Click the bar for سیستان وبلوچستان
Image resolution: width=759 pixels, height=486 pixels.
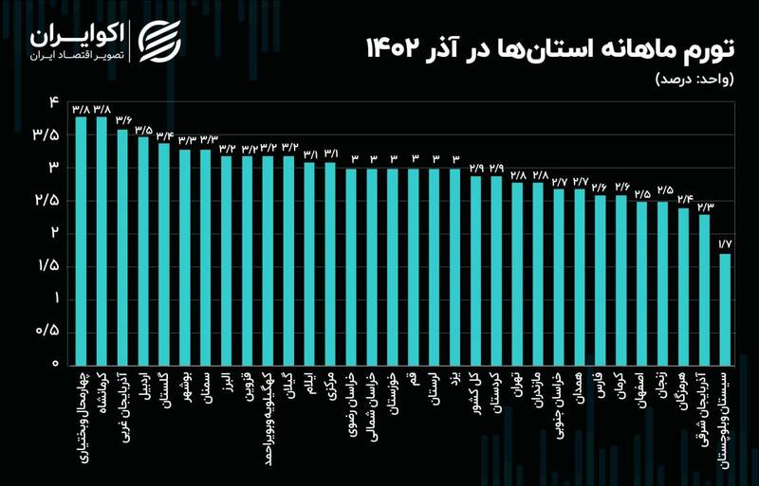[x=725, y=309]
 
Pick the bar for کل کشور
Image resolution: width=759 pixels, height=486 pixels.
[x=475, y=270]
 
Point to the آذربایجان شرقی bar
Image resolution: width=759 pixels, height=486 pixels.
[x=704, y=289]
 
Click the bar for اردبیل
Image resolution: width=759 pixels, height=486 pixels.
[x=143, y=251]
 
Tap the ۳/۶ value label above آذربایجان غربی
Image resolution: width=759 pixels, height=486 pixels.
[x=123, y=120]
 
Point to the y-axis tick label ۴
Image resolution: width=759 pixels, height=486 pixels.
[x=54, y=101]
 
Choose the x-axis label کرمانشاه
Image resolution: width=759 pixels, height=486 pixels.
[x=101, y=398]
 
